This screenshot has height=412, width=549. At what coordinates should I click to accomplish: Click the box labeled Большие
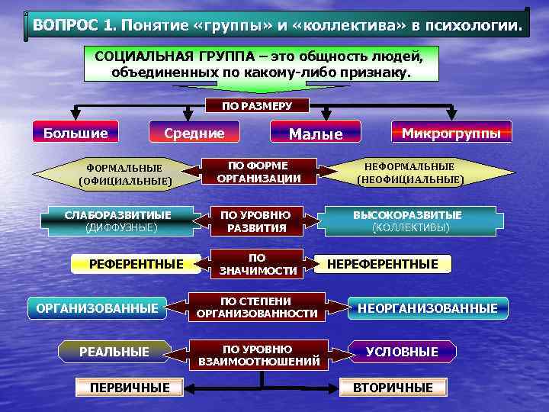pyautogui.click(x=75, y=133)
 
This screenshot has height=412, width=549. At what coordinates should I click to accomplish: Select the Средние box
pyautogui.click(x=195, y=133)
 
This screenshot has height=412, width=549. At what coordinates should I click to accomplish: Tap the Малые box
pyautogui.click(x=315, y=134)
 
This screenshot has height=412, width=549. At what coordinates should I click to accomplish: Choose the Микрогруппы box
pyautogui.click(x=451, y=133)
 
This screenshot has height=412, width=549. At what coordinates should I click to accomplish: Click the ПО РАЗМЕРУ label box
pyautogui.click(x=256, y=106)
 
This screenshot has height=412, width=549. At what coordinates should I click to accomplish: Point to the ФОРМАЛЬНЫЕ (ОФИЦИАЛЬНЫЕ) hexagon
pyautogui.click(x=124, y=174)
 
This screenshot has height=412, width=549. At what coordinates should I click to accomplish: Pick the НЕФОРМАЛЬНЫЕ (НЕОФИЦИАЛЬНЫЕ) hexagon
pyautogui.click(x=409, y=173)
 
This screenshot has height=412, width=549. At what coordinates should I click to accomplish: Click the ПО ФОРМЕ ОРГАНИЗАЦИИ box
pyautogui.click(x=258, y=172)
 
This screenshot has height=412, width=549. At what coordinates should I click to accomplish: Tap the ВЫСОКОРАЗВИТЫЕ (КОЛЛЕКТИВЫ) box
pyautogui.click(x=410, y=220)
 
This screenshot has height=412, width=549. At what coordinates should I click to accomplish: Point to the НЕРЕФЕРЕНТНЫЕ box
pyautogui.click(x=383, y=264)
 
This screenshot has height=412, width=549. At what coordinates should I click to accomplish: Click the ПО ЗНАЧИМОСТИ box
pyautogui.click(x=257, y=264)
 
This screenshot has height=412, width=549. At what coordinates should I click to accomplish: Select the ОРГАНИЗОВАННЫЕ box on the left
pyautogui.click(x=98, y=308)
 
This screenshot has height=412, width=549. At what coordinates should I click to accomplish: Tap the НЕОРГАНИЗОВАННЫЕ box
pyautogui.click(x=428, y=308)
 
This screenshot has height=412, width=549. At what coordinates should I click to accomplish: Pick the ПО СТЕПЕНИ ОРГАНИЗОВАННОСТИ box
pyautogui.click(x=257, y=307)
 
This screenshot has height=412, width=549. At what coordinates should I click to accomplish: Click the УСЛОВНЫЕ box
pyautogui.click(x=402, y=352)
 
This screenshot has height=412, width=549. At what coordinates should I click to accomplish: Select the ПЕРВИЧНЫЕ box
pyautogui.click(x=130, y=387)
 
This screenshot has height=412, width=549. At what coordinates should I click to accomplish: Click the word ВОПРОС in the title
pyautogui.click(x=65, y=27)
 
